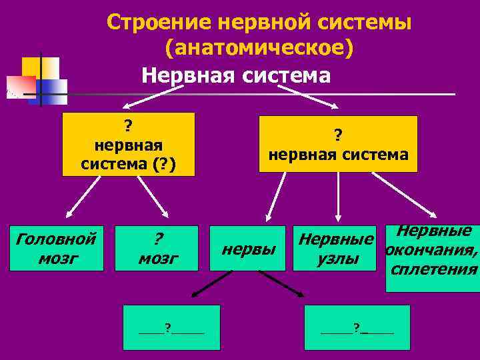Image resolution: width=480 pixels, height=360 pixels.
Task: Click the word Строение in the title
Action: click(157, 22)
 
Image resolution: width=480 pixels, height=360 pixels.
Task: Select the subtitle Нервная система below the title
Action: click(235, 75)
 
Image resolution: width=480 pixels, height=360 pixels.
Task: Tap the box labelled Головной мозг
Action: click(56, 248)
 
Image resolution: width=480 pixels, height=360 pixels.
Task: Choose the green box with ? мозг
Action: click(157, 248)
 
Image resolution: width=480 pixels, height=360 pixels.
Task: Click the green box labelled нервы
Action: click(249, 249)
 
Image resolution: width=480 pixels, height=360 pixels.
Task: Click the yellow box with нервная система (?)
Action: click(128, 144)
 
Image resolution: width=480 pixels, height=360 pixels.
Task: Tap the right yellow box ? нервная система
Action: click(338, 144)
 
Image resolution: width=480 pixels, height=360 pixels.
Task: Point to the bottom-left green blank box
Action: click(171, 327)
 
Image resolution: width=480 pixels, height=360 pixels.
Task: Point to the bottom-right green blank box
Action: click(357, 327)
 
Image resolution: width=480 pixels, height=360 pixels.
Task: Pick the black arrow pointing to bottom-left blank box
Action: click(212, 283)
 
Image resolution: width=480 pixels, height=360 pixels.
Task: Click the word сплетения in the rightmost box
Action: click(435, 269)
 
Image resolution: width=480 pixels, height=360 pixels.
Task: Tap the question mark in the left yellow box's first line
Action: click(127, 125)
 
